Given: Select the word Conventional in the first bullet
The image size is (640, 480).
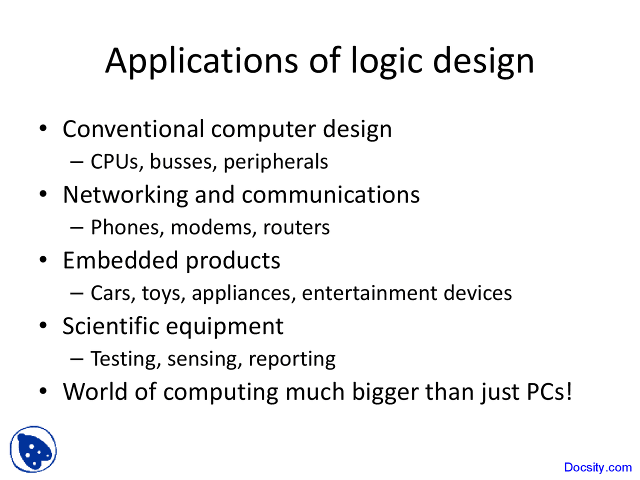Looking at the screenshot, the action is point(133,129).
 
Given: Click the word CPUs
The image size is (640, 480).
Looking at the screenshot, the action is point(114,161).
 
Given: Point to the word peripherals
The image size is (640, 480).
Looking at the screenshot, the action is point(276,162).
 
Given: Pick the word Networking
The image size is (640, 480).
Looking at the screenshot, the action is point(125,195).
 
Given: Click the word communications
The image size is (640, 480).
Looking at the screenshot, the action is point(330,194).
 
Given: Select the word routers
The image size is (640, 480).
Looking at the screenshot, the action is point(296,228).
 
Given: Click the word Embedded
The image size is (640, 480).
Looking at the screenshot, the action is point(120,260).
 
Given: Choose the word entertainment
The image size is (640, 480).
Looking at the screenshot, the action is point(369,293).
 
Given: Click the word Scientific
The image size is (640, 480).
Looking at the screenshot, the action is point(111,325).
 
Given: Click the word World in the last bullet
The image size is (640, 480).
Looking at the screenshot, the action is point(95,391).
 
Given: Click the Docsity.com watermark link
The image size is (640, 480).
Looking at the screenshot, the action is point(598,467).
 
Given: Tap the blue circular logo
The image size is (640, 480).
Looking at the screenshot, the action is point(33,449).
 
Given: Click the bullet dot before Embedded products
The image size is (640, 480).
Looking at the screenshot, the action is point(43,259).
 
